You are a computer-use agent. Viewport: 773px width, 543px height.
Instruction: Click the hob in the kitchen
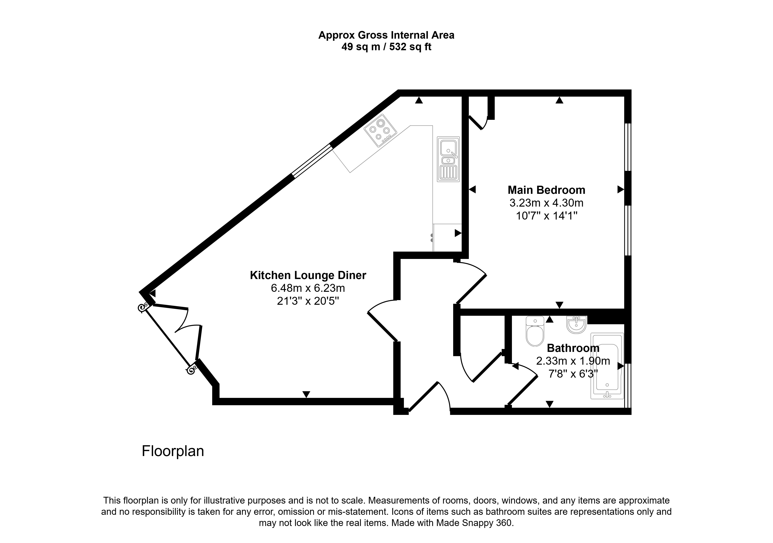tap(380, 130)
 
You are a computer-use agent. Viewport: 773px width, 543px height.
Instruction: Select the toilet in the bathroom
tap(535, 331)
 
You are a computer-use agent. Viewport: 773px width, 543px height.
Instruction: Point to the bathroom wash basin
tap(576, 324)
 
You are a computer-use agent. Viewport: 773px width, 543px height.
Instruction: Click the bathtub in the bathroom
tap(607, 366)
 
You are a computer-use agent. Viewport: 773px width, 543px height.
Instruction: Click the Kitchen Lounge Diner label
tap(308, 275)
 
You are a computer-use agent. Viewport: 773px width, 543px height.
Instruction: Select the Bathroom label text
tap(573, 348)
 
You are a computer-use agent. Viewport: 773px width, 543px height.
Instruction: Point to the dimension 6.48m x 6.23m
tap(308, 288)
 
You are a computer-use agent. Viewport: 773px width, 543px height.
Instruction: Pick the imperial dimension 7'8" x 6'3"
tap(573, 374)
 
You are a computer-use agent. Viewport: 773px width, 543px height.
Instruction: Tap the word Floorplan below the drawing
tap(173, 451)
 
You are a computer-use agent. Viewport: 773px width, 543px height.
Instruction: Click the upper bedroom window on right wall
tap(627, 147)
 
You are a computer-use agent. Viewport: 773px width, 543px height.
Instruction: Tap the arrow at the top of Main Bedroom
tap(559, 100)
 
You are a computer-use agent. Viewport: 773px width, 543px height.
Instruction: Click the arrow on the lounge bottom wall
tap(306, 394)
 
